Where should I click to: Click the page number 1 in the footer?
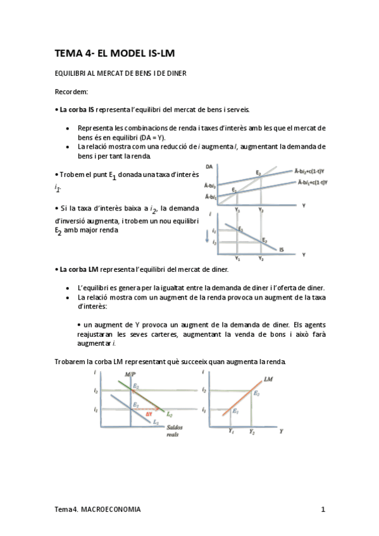pyautogui.click(x=323, y=509)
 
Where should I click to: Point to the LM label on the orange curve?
pyautogui.click(x=268, y=379)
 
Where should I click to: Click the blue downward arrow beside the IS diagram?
pyautogui.click(x=208, y=237)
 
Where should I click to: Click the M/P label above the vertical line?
pyautogui.click(x=131, y=375)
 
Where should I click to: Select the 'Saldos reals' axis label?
pyautogui.click(x=174, y=431)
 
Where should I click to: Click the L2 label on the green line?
pyautogui.click(x=169, y=415)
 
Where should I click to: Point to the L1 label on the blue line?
pyautogui.click(x=155, y=421)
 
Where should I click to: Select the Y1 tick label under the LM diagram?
pyautogui.click(x=230, y=431)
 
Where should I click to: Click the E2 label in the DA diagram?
pyautogui.click(x=258, y=173)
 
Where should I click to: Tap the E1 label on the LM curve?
pyautogui.click(x=235, y=411)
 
